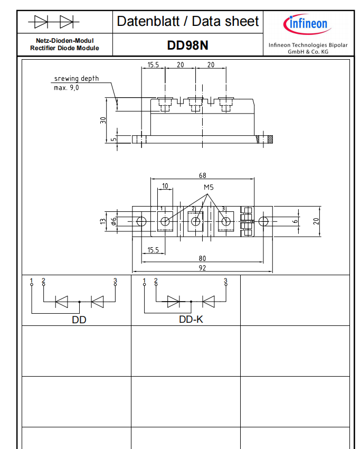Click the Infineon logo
pos(306,24)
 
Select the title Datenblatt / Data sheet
pos(187,21)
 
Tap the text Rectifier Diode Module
pos(65,49)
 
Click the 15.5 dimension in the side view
pos(153,65)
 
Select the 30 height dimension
pos(103,120)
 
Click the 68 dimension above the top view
pos(202,175)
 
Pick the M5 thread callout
pos(209,188)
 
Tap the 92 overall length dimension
pos(202,268)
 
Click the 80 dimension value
pos(202,259)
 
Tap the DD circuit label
pos(79,320)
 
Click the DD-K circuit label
pos(191,320)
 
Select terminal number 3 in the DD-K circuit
pos(225,280)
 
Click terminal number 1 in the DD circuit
pos(32,280)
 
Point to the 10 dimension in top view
pos(165,186)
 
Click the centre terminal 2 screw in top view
pos(195,221)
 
